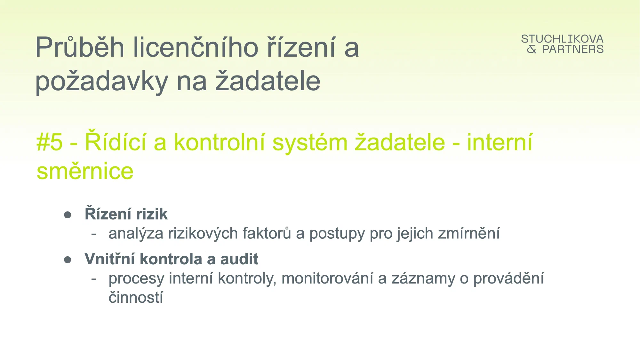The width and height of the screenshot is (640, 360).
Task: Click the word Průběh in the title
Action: click(80, 47)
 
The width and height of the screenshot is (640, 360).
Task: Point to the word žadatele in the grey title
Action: click(268, 80)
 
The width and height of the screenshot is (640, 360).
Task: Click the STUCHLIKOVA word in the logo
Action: click(562, 39)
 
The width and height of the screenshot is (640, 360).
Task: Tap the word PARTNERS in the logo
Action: click(573, 49)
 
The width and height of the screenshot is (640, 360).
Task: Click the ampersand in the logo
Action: click(532, 49)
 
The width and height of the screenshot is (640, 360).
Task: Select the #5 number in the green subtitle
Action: click(50, 142)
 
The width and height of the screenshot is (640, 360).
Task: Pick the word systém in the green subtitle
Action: click(310, 143)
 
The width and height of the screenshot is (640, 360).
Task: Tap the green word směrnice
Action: click(85, 171)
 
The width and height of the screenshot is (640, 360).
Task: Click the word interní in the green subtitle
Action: click(500, 142)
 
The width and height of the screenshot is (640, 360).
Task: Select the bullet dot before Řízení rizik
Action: click(68, 215)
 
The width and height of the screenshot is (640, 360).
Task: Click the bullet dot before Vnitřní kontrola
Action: click(68, 260)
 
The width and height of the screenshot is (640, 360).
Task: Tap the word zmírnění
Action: click(469, 233)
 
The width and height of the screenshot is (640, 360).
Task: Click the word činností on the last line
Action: click(136, 297)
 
